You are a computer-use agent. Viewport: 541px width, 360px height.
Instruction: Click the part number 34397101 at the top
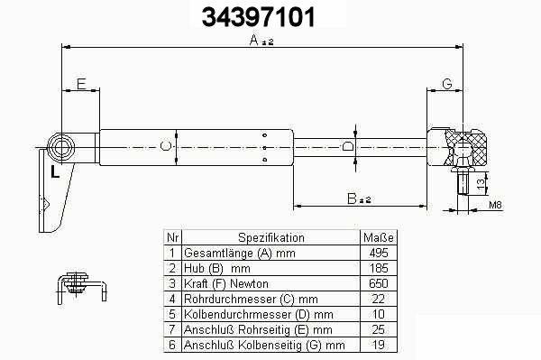coord(258,17)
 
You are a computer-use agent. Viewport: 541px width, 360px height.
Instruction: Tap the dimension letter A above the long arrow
coord(254,40)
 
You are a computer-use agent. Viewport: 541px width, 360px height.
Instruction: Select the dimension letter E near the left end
coord(81,84)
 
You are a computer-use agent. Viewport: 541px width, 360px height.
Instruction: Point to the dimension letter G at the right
coord(447,84)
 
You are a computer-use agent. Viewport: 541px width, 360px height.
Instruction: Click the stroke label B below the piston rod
coord(352,198)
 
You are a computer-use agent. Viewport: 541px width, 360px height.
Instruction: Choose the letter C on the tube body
coord(166,146)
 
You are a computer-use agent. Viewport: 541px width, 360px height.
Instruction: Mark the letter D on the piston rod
coord(348,147)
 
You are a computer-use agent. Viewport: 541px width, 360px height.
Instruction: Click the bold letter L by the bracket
coord(55,171)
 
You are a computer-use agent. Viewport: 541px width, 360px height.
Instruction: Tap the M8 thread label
coord(495,205)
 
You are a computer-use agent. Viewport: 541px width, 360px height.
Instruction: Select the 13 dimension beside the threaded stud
coord(481,183)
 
